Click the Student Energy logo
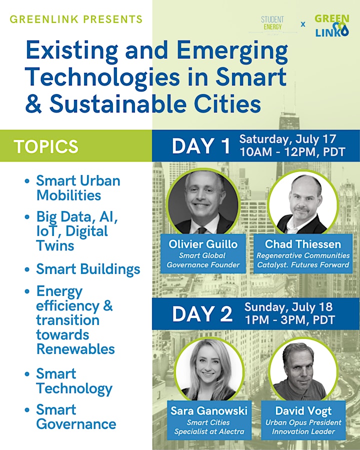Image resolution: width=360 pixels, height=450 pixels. [272, 25]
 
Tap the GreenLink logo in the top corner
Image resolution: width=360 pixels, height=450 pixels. [332, 25]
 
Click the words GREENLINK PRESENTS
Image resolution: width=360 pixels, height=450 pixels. [76, 19]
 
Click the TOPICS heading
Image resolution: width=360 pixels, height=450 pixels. [46, 146]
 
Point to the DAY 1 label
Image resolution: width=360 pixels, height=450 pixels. [201, 146]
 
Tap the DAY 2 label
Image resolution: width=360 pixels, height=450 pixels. [202, 313]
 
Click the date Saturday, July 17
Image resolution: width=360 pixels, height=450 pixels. [287, 139]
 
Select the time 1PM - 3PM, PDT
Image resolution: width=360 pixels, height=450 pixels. [290, 319]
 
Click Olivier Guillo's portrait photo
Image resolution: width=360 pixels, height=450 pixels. [203, 202]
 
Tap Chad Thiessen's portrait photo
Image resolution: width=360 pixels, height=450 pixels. [303, 202]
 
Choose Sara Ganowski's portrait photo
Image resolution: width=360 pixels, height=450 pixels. [209, 369]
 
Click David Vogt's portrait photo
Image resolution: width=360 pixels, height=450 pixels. [303, 369]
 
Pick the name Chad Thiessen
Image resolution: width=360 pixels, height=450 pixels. [303, 244]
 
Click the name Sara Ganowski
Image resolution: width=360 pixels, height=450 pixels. [209, 411]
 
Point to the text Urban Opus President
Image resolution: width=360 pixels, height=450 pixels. [303, 422]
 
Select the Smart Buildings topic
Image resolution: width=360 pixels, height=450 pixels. [88, 269]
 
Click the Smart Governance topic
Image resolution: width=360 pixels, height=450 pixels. [76, 417]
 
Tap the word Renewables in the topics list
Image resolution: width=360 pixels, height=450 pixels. [76, 349]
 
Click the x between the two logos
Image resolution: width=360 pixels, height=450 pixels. [303, 24]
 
